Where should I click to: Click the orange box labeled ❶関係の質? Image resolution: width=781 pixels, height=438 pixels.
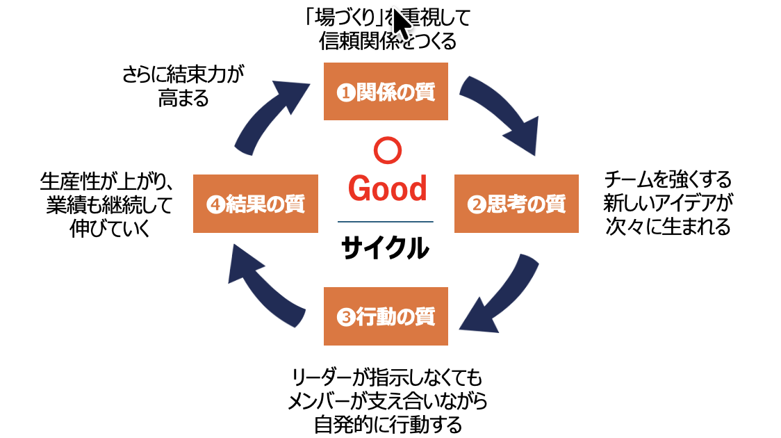click(386, 91)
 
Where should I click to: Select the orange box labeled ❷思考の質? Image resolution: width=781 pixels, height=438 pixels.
click(516, 203)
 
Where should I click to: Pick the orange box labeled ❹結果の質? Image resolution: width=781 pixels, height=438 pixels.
click(255, 204)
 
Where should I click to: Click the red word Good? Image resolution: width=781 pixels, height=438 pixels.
click(387, 188)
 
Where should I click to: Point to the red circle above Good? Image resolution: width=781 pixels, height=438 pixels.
click(386, 149)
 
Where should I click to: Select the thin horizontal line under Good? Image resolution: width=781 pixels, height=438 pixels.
click(385, 221)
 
